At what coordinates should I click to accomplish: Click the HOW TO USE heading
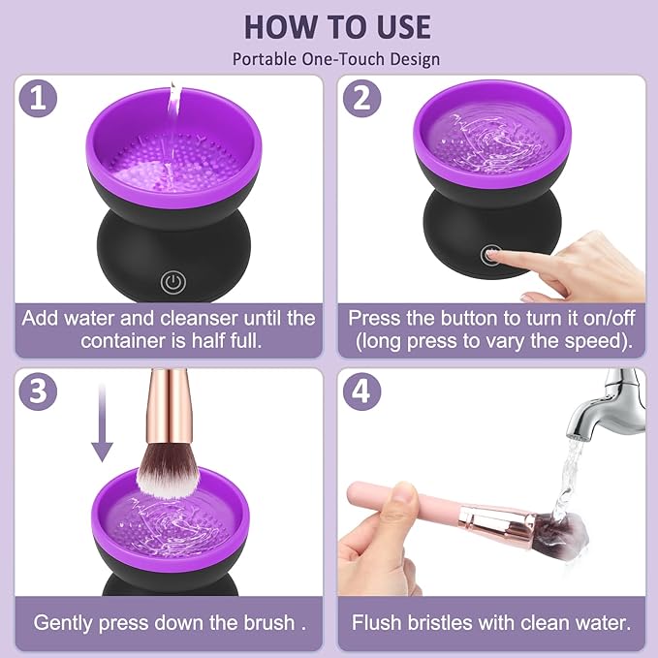[335, 25]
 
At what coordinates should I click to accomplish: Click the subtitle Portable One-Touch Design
[335, 59]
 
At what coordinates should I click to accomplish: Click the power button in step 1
[172, 283]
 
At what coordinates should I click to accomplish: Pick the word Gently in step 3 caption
[67, 622]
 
